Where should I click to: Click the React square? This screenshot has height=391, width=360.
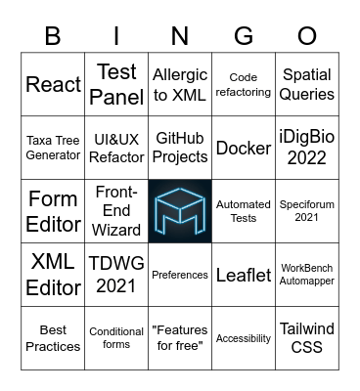tap(53, 85)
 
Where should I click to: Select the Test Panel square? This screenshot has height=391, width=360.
tap(116, 85)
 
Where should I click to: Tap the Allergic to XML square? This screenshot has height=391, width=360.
tap(180, 85)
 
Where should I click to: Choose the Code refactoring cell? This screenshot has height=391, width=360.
tap(244, 85)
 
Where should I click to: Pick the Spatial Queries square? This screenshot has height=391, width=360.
tap(307, 85)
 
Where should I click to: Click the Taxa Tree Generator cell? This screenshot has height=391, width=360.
tap(53, 148)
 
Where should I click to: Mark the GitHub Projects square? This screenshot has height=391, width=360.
tap(180, 148)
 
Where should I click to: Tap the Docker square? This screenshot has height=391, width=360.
tap(244, 148)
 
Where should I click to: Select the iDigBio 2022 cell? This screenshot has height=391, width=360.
tap(307, 148)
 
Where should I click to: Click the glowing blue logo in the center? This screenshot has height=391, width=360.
tap(180, 211)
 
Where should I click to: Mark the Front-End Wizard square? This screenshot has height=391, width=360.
tap(116, 211)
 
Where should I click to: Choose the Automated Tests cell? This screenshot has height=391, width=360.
tap(244, 211)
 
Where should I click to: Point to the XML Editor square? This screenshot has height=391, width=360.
tap(53, 275)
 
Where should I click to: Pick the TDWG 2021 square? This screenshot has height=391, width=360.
tap(116, 275)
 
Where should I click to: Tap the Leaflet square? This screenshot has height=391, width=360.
tap(244, 275)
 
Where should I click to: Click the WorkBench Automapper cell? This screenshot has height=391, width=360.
tap(307, 275)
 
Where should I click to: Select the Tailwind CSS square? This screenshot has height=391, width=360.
tap(307, 338)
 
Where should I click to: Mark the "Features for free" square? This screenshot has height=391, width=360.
tap(180, 338)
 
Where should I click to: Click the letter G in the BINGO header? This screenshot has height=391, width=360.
tap(244, 36)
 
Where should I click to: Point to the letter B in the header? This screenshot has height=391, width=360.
tap(53, 36)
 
